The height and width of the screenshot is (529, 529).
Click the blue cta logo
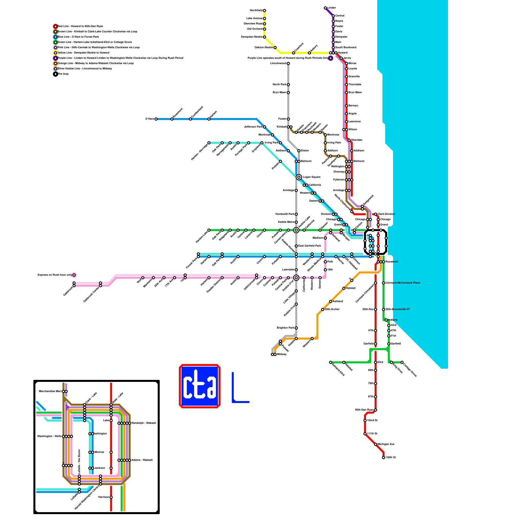(200, 386)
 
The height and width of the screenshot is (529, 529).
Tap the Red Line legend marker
(56, 26)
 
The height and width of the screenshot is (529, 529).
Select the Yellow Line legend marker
(56, 53)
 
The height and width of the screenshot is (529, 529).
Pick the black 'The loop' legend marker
(56, 74)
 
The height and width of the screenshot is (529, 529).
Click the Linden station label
(332, 8)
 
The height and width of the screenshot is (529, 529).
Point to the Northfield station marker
(264, 11)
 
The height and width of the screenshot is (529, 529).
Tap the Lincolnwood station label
(278, 63)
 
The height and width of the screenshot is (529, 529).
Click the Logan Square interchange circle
(299, 177)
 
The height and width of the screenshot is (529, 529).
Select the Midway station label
(282, 354)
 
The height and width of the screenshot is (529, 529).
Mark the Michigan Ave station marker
(376, 444)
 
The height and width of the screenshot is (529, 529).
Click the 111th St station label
(372, 433)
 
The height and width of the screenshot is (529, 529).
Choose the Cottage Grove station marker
(402, 362)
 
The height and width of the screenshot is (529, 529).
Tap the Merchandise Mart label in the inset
(50, 391)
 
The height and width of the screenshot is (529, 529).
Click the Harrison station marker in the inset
(111, 497)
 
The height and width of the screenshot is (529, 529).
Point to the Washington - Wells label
(49, 436)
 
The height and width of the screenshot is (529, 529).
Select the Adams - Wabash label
(142, 460)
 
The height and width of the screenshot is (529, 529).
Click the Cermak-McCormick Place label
(403, 283)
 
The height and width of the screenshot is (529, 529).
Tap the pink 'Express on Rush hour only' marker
(74, 275)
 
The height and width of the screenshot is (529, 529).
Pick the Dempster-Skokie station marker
(264, 37)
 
